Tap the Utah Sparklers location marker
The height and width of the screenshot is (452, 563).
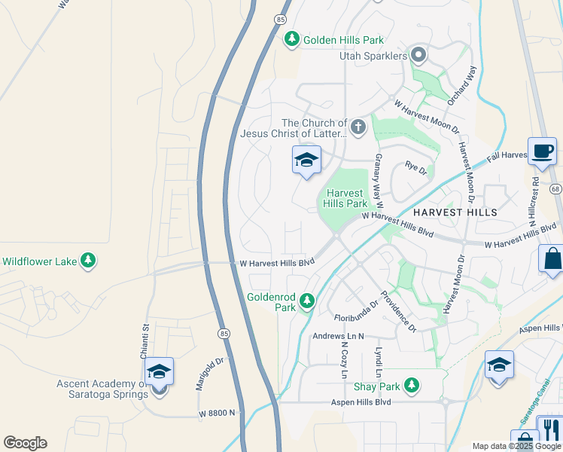419,55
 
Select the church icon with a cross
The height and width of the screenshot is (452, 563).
358,127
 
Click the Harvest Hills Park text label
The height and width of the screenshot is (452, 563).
346,198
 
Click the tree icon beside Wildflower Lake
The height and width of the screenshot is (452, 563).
89,261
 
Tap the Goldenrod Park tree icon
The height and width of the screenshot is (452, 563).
306,301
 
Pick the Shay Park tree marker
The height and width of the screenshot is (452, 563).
411,386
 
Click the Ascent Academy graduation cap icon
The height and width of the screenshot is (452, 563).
159,371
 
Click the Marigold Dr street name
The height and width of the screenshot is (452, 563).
201,373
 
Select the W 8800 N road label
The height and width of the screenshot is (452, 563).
218,414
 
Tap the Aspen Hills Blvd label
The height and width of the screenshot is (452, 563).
361,402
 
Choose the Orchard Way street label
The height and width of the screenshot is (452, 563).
461,84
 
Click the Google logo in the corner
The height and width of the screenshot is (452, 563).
25,443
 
